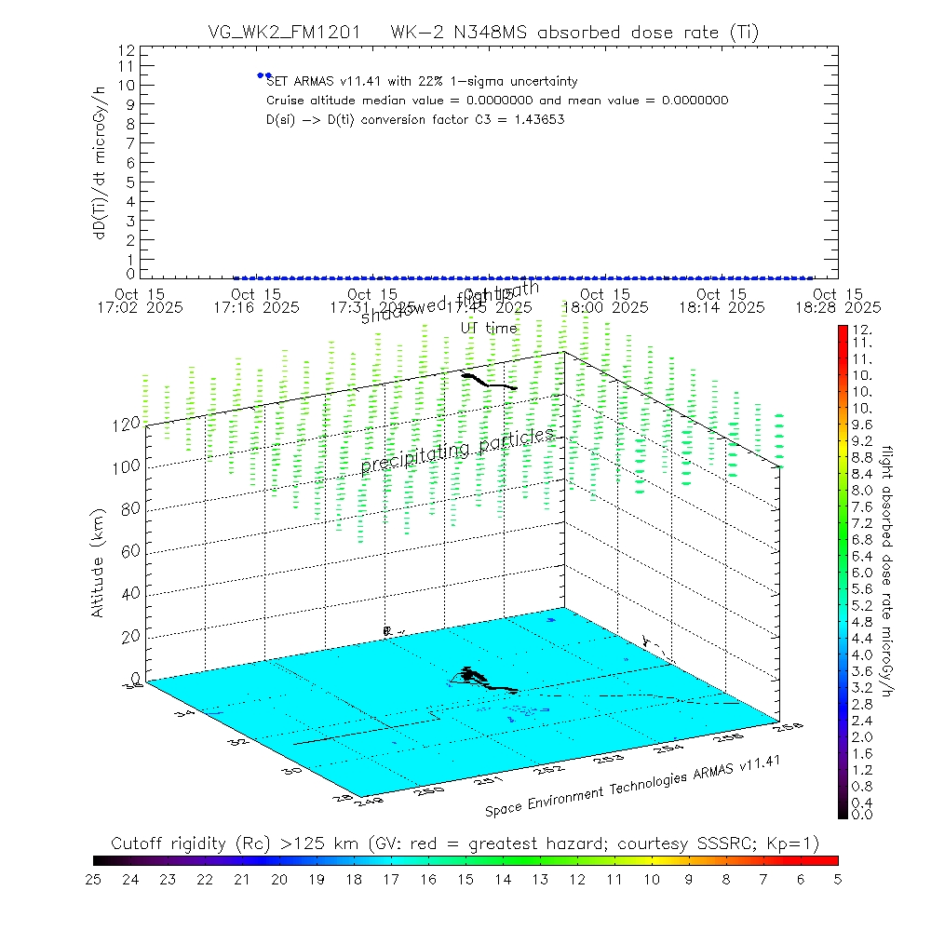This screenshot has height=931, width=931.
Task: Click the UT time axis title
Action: [x=489, y=328]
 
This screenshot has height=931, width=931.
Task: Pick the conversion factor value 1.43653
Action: [x=538, y=119]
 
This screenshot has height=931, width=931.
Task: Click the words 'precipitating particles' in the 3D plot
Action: [x=457, y=451]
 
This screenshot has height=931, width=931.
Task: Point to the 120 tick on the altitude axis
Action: [x=128, y=423]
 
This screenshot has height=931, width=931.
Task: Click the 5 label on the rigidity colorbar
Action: [x=837, y=878]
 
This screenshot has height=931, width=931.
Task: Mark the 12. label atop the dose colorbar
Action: [x=860, y=331]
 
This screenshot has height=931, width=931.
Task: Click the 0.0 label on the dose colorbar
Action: [x=860, y=815]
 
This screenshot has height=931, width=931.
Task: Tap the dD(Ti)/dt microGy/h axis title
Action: [x=98, y=161]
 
